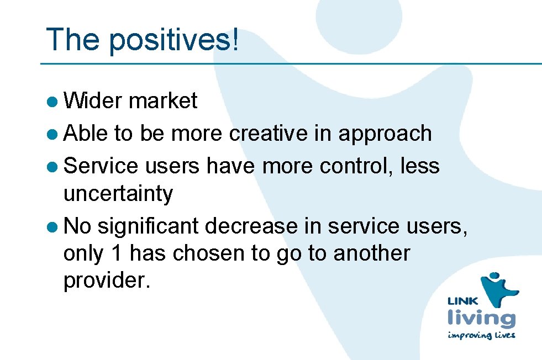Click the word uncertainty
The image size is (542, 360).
(x=118, y=194)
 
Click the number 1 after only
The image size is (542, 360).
(x=116, y=253)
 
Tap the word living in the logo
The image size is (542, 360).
(x=481, y=319)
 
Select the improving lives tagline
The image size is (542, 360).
(x=481, y=335)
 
